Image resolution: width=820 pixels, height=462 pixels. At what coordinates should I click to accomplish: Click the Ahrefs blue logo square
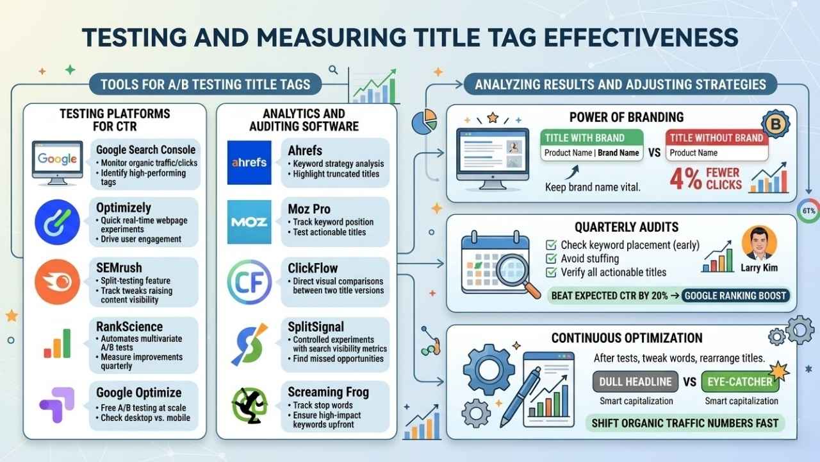pos(249,162)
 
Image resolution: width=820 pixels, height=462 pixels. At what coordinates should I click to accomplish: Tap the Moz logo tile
pos(249,222)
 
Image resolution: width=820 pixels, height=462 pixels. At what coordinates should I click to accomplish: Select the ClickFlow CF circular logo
pos(249,282)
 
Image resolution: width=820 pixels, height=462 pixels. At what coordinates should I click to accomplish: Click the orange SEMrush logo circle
pos(58,282)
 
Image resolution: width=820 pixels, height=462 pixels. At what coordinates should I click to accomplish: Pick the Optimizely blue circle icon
pos(58,222)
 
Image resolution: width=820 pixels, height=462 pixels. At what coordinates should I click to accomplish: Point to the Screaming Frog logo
pos(249,406)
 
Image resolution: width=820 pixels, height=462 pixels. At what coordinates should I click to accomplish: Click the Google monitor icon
pos(58,163)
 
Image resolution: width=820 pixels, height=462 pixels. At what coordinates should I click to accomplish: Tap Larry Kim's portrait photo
pos(759,243)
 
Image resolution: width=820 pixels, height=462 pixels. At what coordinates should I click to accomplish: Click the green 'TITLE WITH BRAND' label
pos(592,138)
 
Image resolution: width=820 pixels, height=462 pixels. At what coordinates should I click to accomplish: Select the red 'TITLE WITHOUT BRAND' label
pos(717,138)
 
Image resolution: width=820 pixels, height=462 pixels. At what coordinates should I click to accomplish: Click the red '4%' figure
pos(685,179)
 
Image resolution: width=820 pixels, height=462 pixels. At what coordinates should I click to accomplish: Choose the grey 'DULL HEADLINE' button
pos(635,382)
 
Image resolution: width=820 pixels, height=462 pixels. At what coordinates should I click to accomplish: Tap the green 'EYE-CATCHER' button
pos(740,382)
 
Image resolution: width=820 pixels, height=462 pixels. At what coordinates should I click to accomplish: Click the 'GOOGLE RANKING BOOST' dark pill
pos(735,296)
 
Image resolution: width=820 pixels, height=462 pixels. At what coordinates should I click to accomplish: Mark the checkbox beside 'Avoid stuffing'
pos(551,259)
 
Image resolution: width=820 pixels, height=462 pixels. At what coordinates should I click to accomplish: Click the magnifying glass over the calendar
pos(517,274)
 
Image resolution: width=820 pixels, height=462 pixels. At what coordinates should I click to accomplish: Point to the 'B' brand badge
pos(775,124)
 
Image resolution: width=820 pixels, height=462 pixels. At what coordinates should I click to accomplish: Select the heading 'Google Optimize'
pos(139,393)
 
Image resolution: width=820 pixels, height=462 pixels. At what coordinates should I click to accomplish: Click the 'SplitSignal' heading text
pos(316,327)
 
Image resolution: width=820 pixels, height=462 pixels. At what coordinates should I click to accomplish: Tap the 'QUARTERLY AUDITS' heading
pos(627,227)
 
